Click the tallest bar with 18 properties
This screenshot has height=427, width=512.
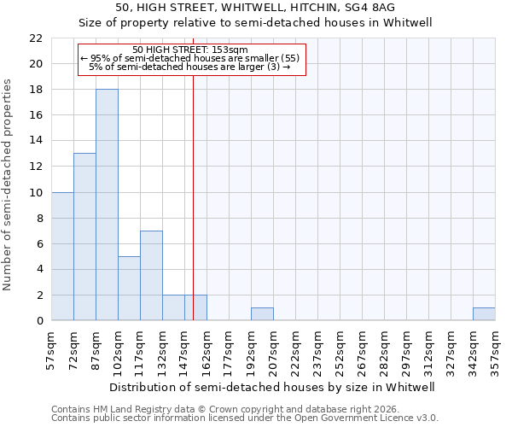tap(107, 205)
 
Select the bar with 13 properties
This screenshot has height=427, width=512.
tap(84, 237)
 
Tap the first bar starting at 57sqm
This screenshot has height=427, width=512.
tap(62, 256)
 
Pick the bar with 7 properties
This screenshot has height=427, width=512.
tap(151, 276)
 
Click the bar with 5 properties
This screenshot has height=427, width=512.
tap(129, 289)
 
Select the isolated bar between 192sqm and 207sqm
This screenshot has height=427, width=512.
tap(262, 314)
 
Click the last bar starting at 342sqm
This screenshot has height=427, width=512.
tap(484, 314)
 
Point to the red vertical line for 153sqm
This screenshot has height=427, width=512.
tap(194, 171)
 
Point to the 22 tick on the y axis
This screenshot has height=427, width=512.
tap(35, 38)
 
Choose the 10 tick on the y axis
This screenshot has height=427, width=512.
tap(35, 192)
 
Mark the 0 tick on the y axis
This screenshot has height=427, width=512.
tap(38, 321)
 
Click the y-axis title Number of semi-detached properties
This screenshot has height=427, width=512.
tap(8, 184)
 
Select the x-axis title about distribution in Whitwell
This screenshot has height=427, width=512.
tap(273, 387)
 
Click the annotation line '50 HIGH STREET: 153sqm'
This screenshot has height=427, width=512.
tap(190, 50)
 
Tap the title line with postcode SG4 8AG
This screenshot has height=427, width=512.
tap(255, 8)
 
